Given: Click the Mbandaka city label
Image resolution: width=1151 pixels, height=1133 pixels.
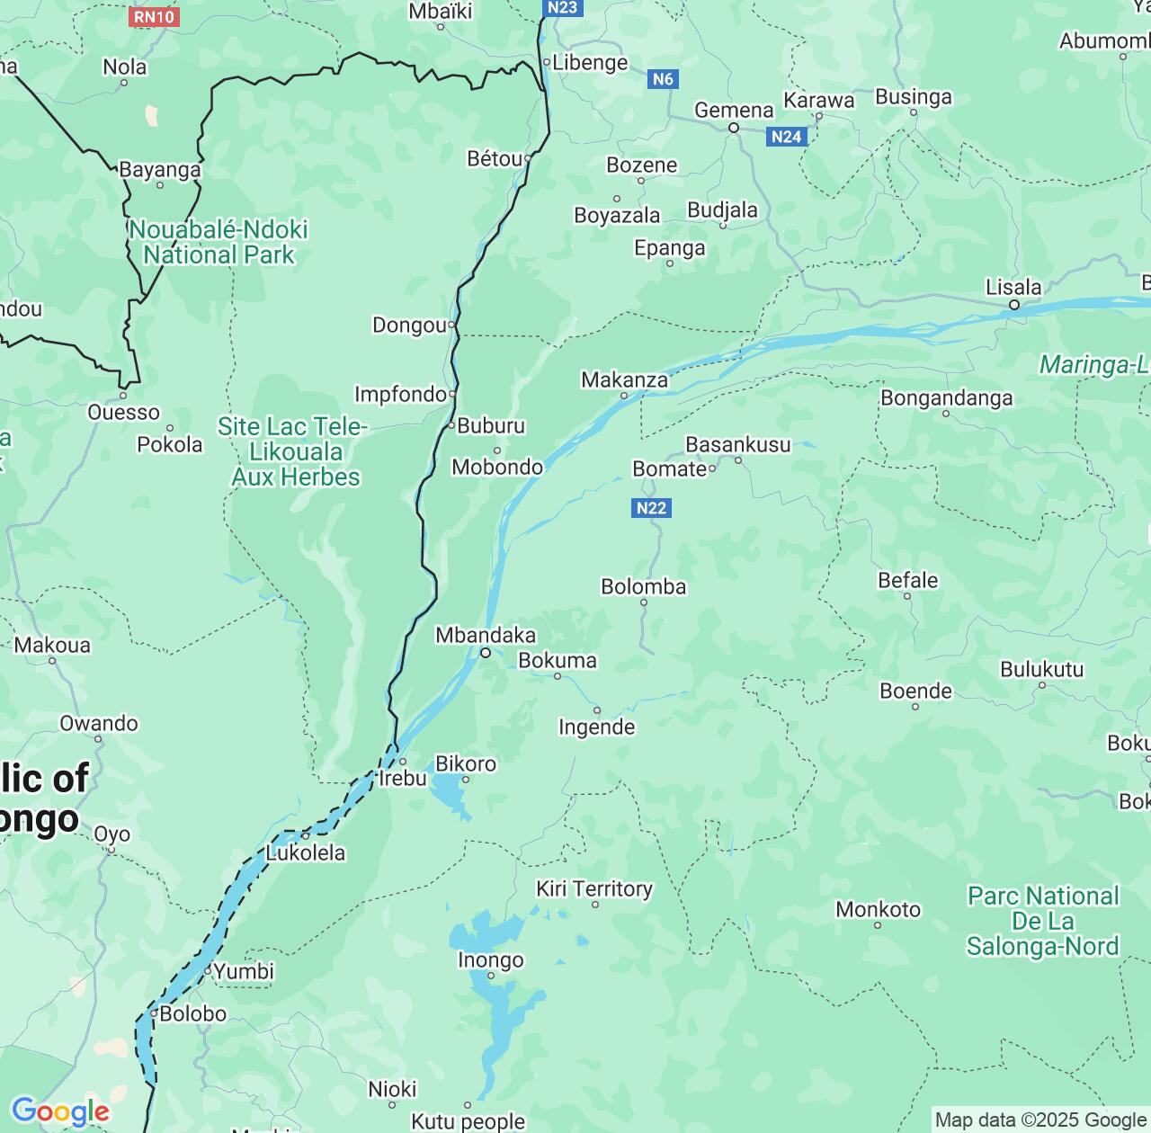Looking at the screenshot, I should point(485,636).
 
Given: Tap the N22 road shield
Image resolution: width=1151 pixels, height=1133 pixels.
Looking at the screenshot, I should point(651,508).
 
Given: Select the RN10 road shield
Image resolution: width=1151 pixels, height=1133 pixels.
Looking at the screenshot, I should point(155,16).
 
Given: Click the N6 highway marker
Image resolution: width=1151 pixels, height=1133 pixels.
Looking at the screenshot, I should point(662,79).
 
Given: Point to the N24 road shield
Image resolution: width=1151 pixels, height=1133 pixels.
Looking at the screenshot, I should point(787,137).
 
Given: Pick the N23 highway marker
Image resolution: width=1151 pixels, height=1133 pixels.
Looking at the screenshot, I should point(563,8).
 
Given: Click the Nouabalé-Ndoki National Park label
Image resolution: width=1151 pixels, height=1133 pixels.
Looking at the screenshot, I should point(219,243).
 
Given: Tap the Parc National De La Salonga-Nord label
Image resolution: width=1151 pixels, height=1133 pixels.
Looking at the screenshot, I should point(1042,921).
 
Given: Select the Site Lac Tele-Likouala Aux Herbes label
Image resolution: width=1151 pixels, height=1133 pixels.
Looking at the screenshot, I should point(294,451).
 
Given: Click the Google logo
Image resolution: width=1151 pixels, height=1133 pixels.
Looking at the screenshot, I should point(60,1111).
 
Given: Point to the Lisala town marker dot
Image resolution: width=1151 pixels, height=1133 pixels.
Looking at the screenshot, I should point(1013,305).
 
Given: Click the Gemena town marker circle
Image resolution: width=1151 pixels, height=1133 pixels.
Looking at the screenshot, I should point(733,128).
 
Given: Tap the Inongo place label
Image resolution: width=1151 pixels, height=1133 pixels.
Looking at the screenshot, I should point(490,960).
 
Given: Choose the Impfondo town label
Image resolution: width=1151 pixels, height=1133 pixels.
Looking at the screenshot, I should point(400,394).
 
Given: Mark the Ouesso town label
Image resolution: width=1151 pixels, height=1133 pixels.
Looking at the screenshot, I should point(123,413).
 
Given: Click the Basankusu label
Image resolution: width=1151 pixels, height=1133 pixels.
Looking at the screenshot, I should point(737,444).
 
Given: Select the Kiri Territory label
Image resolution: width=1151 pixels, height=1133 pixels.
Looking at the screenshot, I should point(593,888).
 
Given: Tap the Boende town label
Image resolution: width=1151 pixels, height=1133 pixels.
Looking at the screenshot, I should point(915,691).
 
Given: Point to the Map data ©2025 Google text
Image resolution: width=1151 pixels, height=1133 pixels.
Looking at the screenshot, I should point(1040,1120).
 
